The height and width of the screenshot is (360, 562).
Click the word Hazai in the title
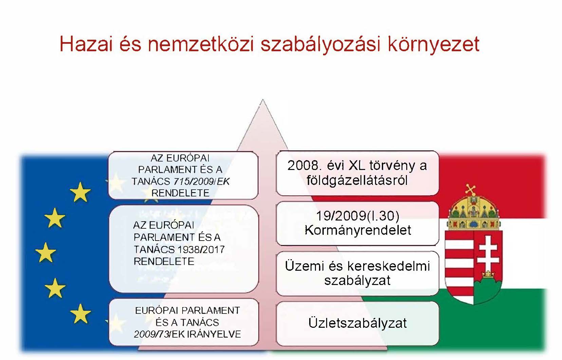tap(86, 44)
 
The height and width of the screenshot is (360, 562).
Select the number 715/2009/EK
tap(202, 182)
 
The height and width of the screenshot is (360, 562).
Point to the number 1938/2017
tap(201, 250)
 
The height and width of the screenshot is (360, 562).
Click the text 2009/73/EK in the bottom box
tap(152, 334)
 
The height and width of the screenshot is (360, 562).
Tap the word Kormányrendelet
tap(358, 230)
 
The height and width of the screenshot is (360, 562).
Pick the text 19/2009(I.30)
tap(357, 216)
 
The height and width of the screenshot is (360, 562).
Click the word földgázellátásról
tap(357, 181)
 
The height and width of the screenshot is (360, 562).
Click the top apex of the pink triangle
tap(263, 99)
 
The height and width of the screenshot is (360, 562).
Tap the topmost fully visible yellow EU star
tap(80, 192)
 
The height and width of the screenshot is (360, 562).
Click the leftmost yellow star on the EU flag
tap(46, 252)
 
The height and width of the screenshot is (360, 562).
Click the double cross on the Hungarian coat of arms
tap(488, 253)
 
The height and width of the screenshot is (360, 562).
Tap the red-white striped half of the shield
tap(460, 266)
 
